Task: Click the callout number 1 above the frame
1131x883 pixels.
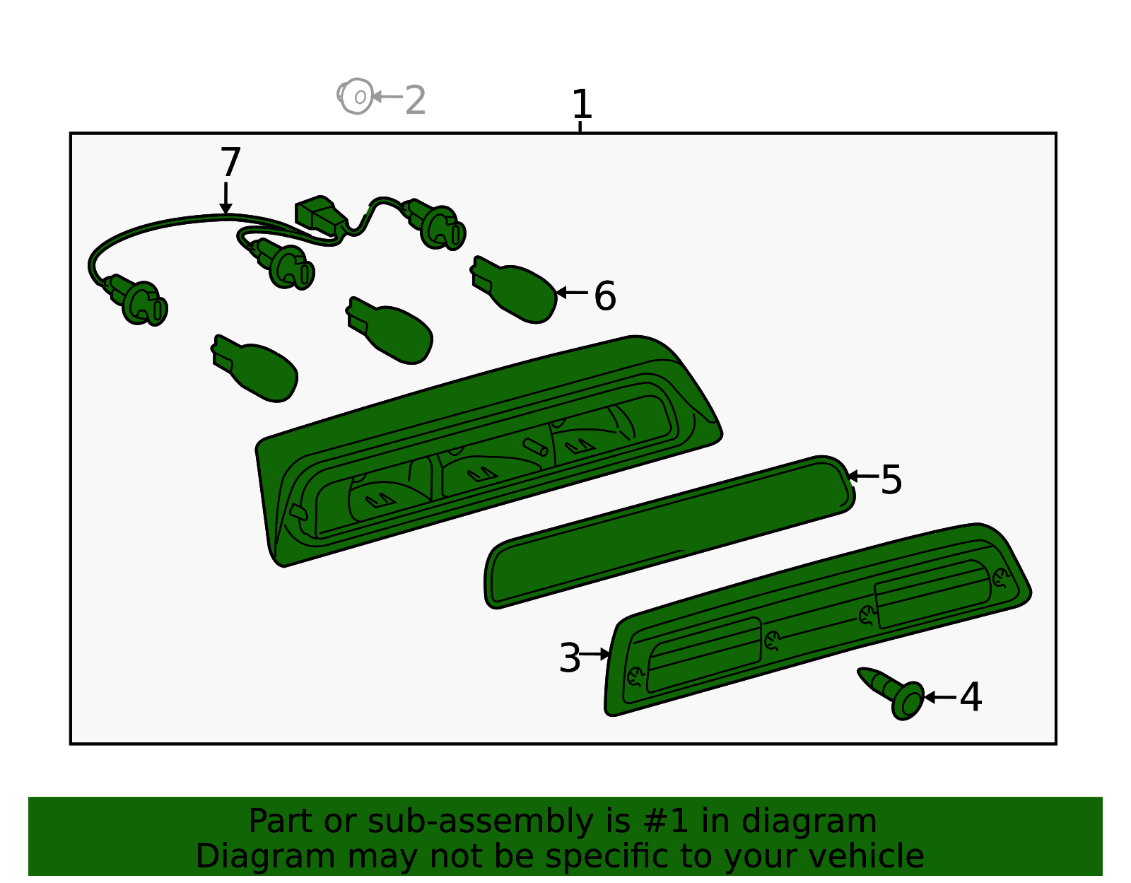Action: [581, 103]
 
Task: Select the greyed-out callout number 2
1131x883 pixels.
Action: [415, 100]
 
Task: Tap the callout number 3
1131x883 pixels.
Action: [570, 657]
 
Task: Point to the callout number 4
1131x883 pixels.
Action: [970, 697]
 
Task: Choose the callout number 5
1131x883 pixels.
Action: [891, 480]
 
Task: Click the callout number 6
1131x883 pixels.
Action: [605, 296]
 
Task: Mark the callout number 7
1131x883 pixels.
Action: [230, 162]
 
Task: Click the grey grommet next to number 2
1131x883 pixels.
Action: [356, 96]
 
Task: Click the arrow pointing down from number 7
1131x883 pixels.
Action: [225, 198]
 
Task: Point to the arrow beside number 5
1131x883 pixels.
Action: [863, 476]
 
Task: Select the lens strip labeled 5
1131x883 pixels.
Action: [669, 532]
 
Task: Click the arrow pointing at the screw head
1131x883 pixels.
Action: [941, 697]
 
